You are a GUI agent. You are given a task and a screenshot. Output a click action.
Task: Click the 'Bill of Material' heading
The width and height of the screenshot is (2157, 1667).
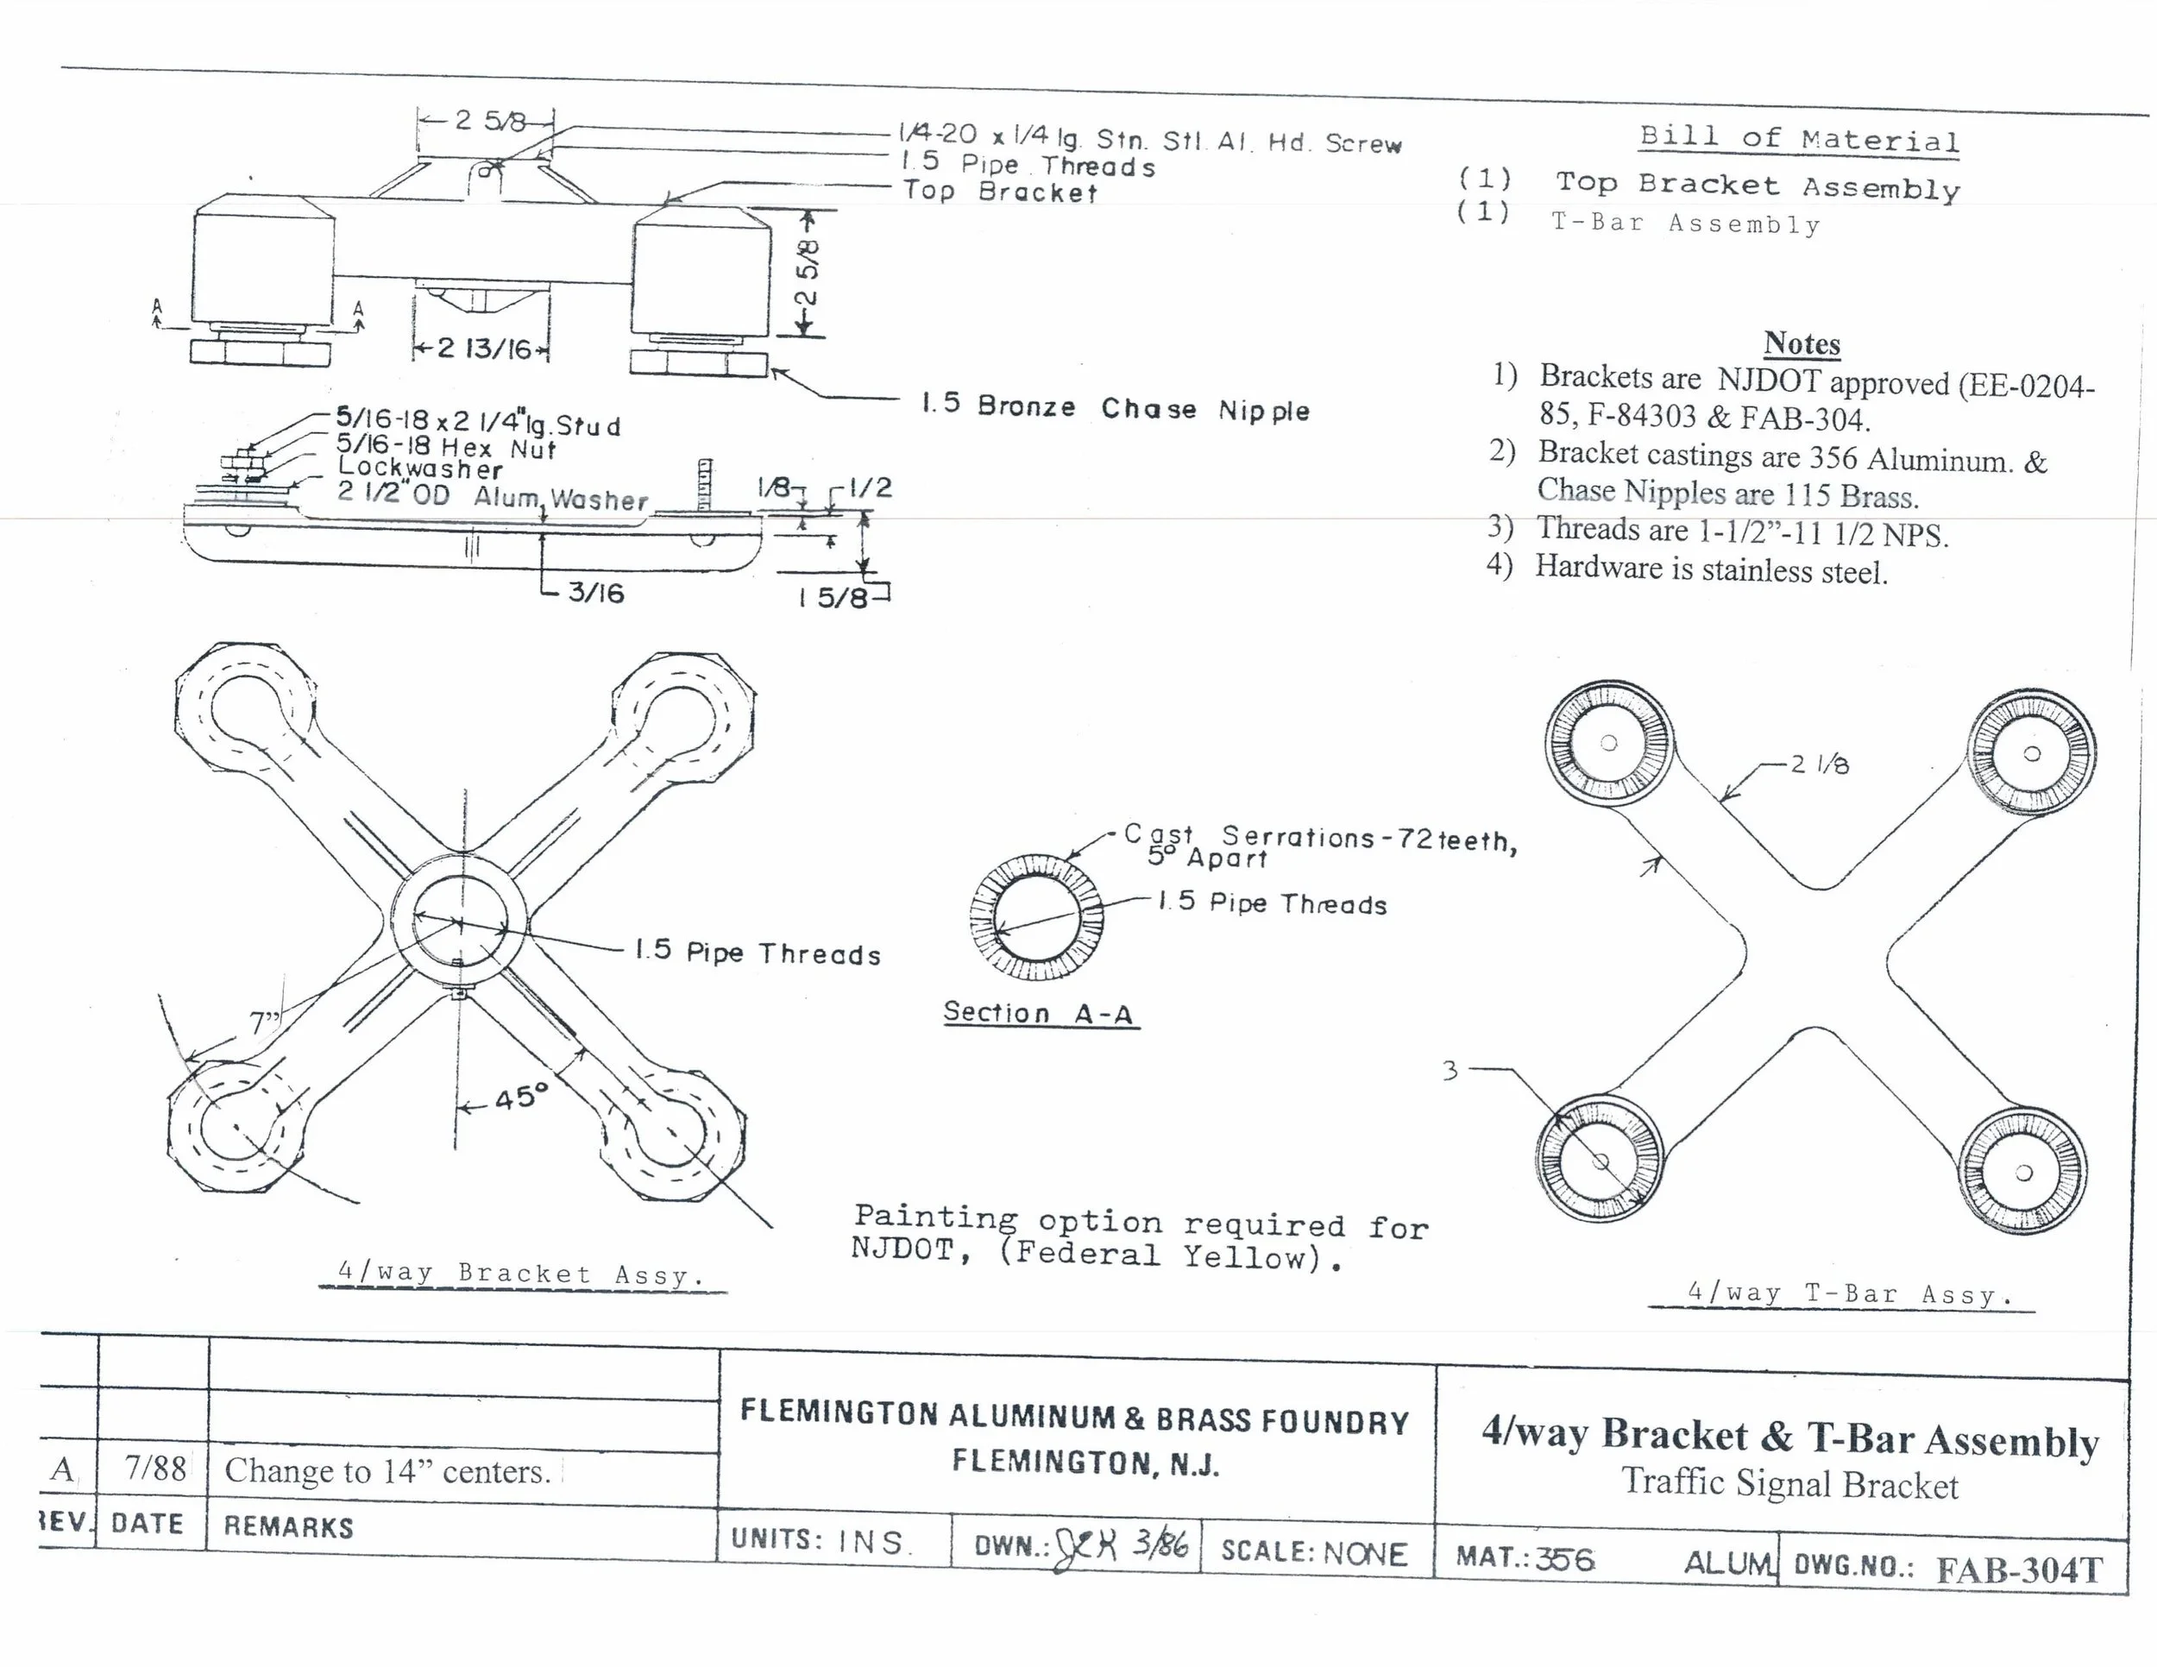pyautogui.click(x=1800, y=138)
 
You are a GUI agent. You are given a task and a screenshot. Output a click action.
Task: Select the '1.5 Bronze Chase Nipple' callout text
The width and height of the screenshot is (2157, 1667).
pyautogui.click(x=1115, y=408)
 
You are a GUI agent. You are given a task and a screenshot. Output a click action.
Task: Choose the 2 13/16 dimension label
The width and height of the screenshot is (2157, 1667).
pyautogui.click(x=484, y=349)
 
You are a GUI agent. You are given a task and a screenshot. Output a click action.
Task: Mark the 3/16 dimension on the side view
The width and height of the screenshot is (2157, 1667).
pyautogui.click(x=595, y=593)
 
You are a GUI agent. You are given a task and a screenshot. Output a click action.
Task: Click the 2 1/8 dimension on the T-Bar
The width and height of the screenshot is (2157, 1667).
pyautogui.click(x=1820, y=764)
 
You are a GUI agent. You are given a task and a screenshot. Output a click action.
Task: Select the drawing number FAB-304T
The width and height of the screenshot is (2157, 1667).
pyautogui.click(x=2019, y=1570)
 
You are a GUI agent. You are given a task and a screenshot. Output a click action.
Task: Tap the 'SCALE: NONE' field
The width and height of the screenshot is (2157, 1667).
pyautogui.click(x=1313, y=1553)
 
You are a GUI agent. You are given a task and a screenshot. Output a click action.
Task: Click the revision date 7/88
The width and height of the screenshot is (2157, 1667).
pyautogui.click(x=155, y=1469)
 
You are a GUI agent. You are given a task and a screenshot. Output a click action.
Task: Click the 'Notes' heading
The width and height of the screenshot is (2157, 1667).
pyautogui.click(x=1802, y=343)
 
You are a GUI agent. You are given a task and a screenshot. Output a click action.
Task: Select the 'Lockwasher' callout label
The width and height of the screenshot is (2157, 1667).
pyautogui.click(x=419, y=469)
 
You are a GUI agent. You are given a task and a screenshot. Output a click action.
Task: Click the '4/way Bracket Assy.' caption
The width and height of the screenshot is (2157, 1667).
pyautogui.click(x=520, y=1274)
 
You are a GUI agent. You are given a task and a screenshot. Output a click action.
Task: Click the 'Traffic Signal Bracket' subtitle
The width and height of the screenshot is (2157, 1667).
pyautogui.click(x=1789, y=1484)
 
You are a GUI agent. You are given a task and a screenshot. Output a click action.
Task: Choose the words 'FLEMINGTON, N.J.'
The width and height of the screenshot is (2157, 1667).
pyautogui.click(x=1085, y=1463)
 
